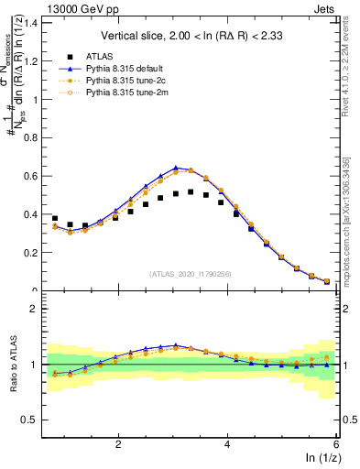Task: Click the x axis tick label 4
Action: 227,444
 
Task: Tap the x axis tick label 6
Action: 336,444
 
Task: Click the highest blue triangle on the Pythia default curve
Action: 176,168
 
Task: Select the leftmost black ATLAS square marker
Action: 55,219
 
